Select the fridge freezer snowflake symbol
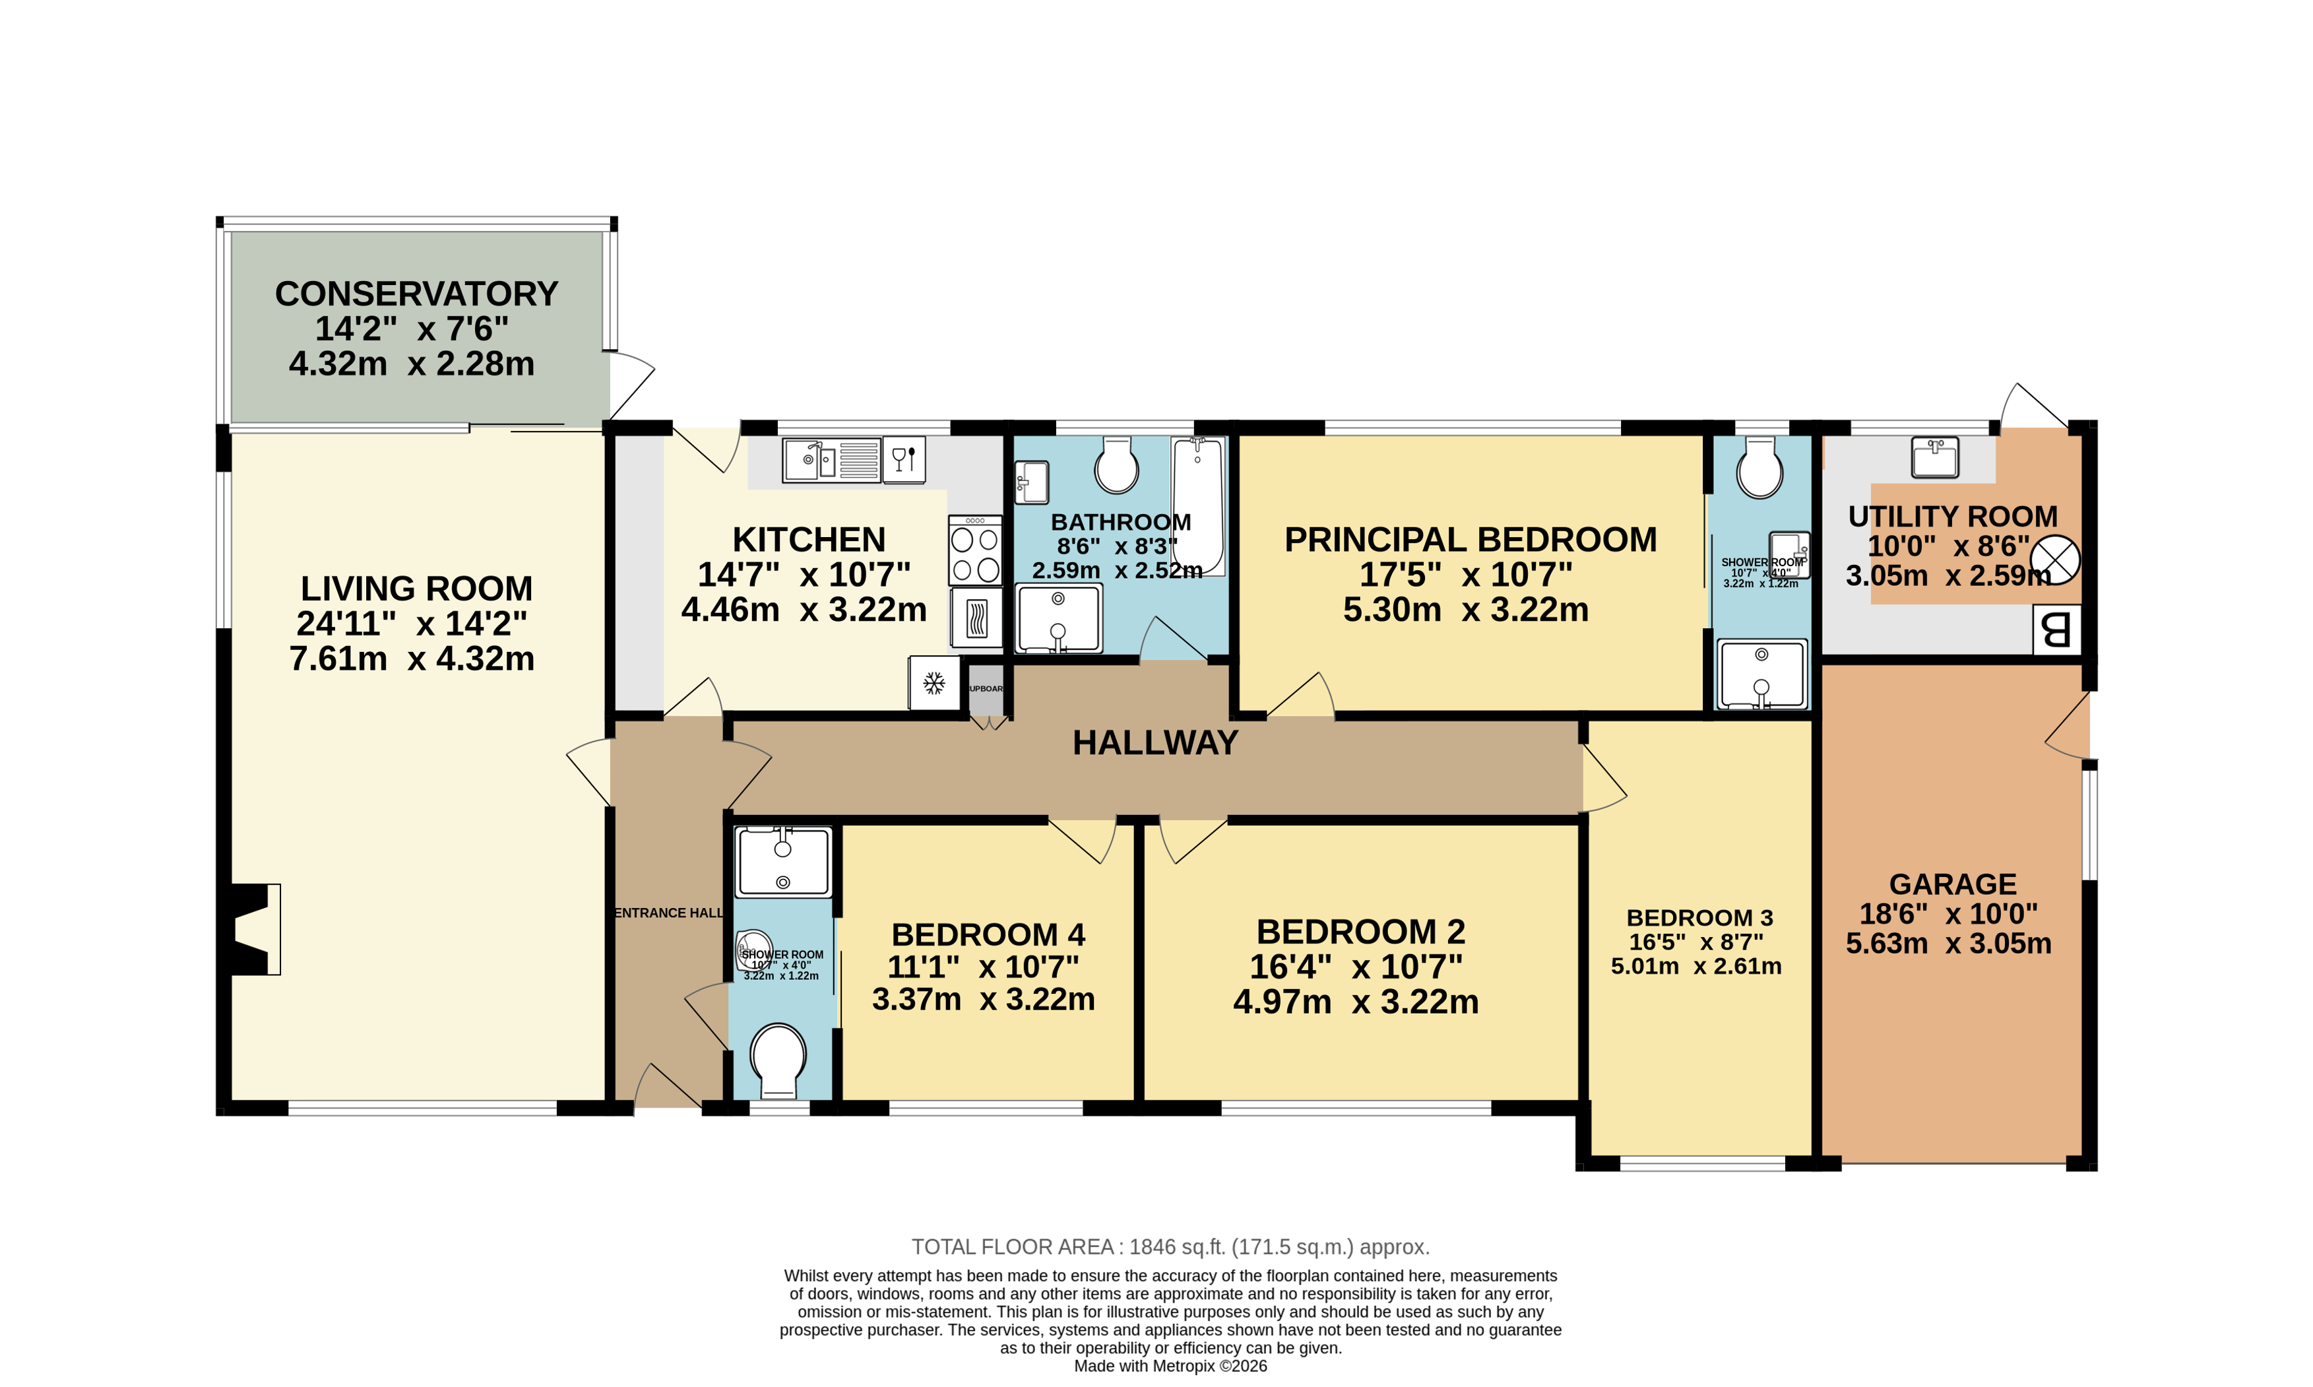(934, 683)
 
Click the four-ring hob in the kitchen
(974, 552)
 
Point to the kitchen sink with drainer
(831, 460)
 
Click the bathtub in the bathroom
(1197, 505)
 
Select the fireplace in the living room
(250, 929)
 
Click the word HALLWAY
(1155, 743)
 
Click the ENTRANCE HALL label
(668, 913)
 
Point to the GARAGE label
(1951, 884)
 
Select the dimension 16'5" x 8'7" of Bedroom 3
(1695, 942)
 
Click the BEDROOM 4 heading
(988, 934)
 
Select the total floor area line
(1170, 1247)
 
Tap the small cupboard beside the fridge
(986, 689)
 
